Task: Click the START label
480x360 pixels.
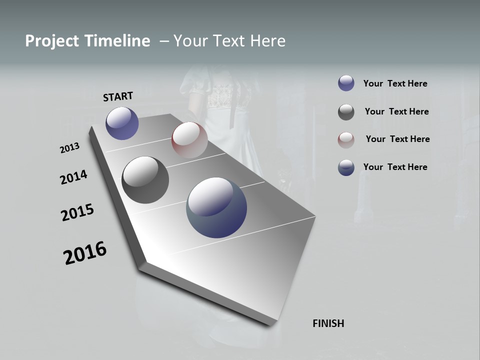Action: [118, 96]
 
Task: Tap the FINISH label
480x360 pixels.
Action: [328, 323]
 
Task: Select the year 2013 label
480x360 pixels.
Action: [69, 148]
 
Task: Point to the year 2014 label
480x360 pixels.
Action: [73, 177]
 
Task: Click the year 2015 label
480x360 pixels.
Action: [77, 212]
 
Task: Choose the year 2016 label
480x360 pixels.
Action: [85, 253]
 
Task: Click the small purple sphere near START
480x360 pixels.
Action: [122, 123]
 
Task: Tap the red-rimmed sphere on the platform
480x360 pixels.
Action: [189, 140]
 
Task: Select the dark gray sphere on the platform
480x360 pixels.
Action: [145, 180]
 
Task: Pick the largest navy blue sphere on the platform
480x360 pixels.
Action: [216, 207]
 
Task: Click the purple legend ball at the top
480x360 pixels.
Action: [346, 83]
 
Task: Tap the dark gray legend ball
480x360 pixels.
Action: [346, 112]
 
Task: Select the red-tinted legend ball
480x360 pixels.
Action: [346, 139]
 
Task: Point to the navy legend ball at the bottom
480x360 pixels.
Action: [346, 167]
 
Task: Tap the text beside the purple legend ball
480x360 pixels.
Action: [395, 83]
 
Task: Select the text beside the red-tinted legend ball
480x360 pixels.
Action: [397, 139]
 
